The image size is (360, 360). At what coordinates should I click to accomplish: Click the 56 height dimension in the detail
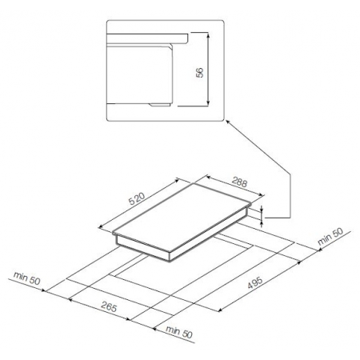pyautogui.click(x=199, y=72)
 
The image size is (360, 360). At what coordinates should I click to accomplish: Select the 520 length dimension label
pyautogui.click(x=137, y=198)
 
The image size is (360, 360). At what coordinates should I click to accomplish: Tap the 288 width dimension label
pyautogui.click(x=239, y=182)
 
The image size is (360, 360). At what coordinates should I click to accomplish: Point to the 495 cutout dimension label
pyautogui.click(x=255, y=282)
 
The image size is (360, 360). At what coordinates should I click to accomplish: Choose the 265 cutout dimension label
pyautogui.click(x=109, y=307)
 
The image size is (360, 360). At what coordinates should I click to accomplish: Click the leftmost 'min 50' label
pyautogui.click(x=27, y=278)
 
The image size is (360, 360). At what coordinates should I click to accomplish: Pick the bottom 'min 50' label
pyautogui.click(x=179, y=331)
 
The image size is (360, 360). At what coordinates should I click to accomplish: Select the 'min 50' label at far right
pyautogui.click(x=330, y=236)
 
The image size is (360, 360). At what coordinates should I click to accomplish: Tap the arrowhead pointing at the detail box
pyautogui.click(x=228, y=122)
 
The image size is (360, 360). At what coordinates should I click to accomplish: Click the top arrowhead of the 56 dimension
pyautogui.click(x=208, y=34)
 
